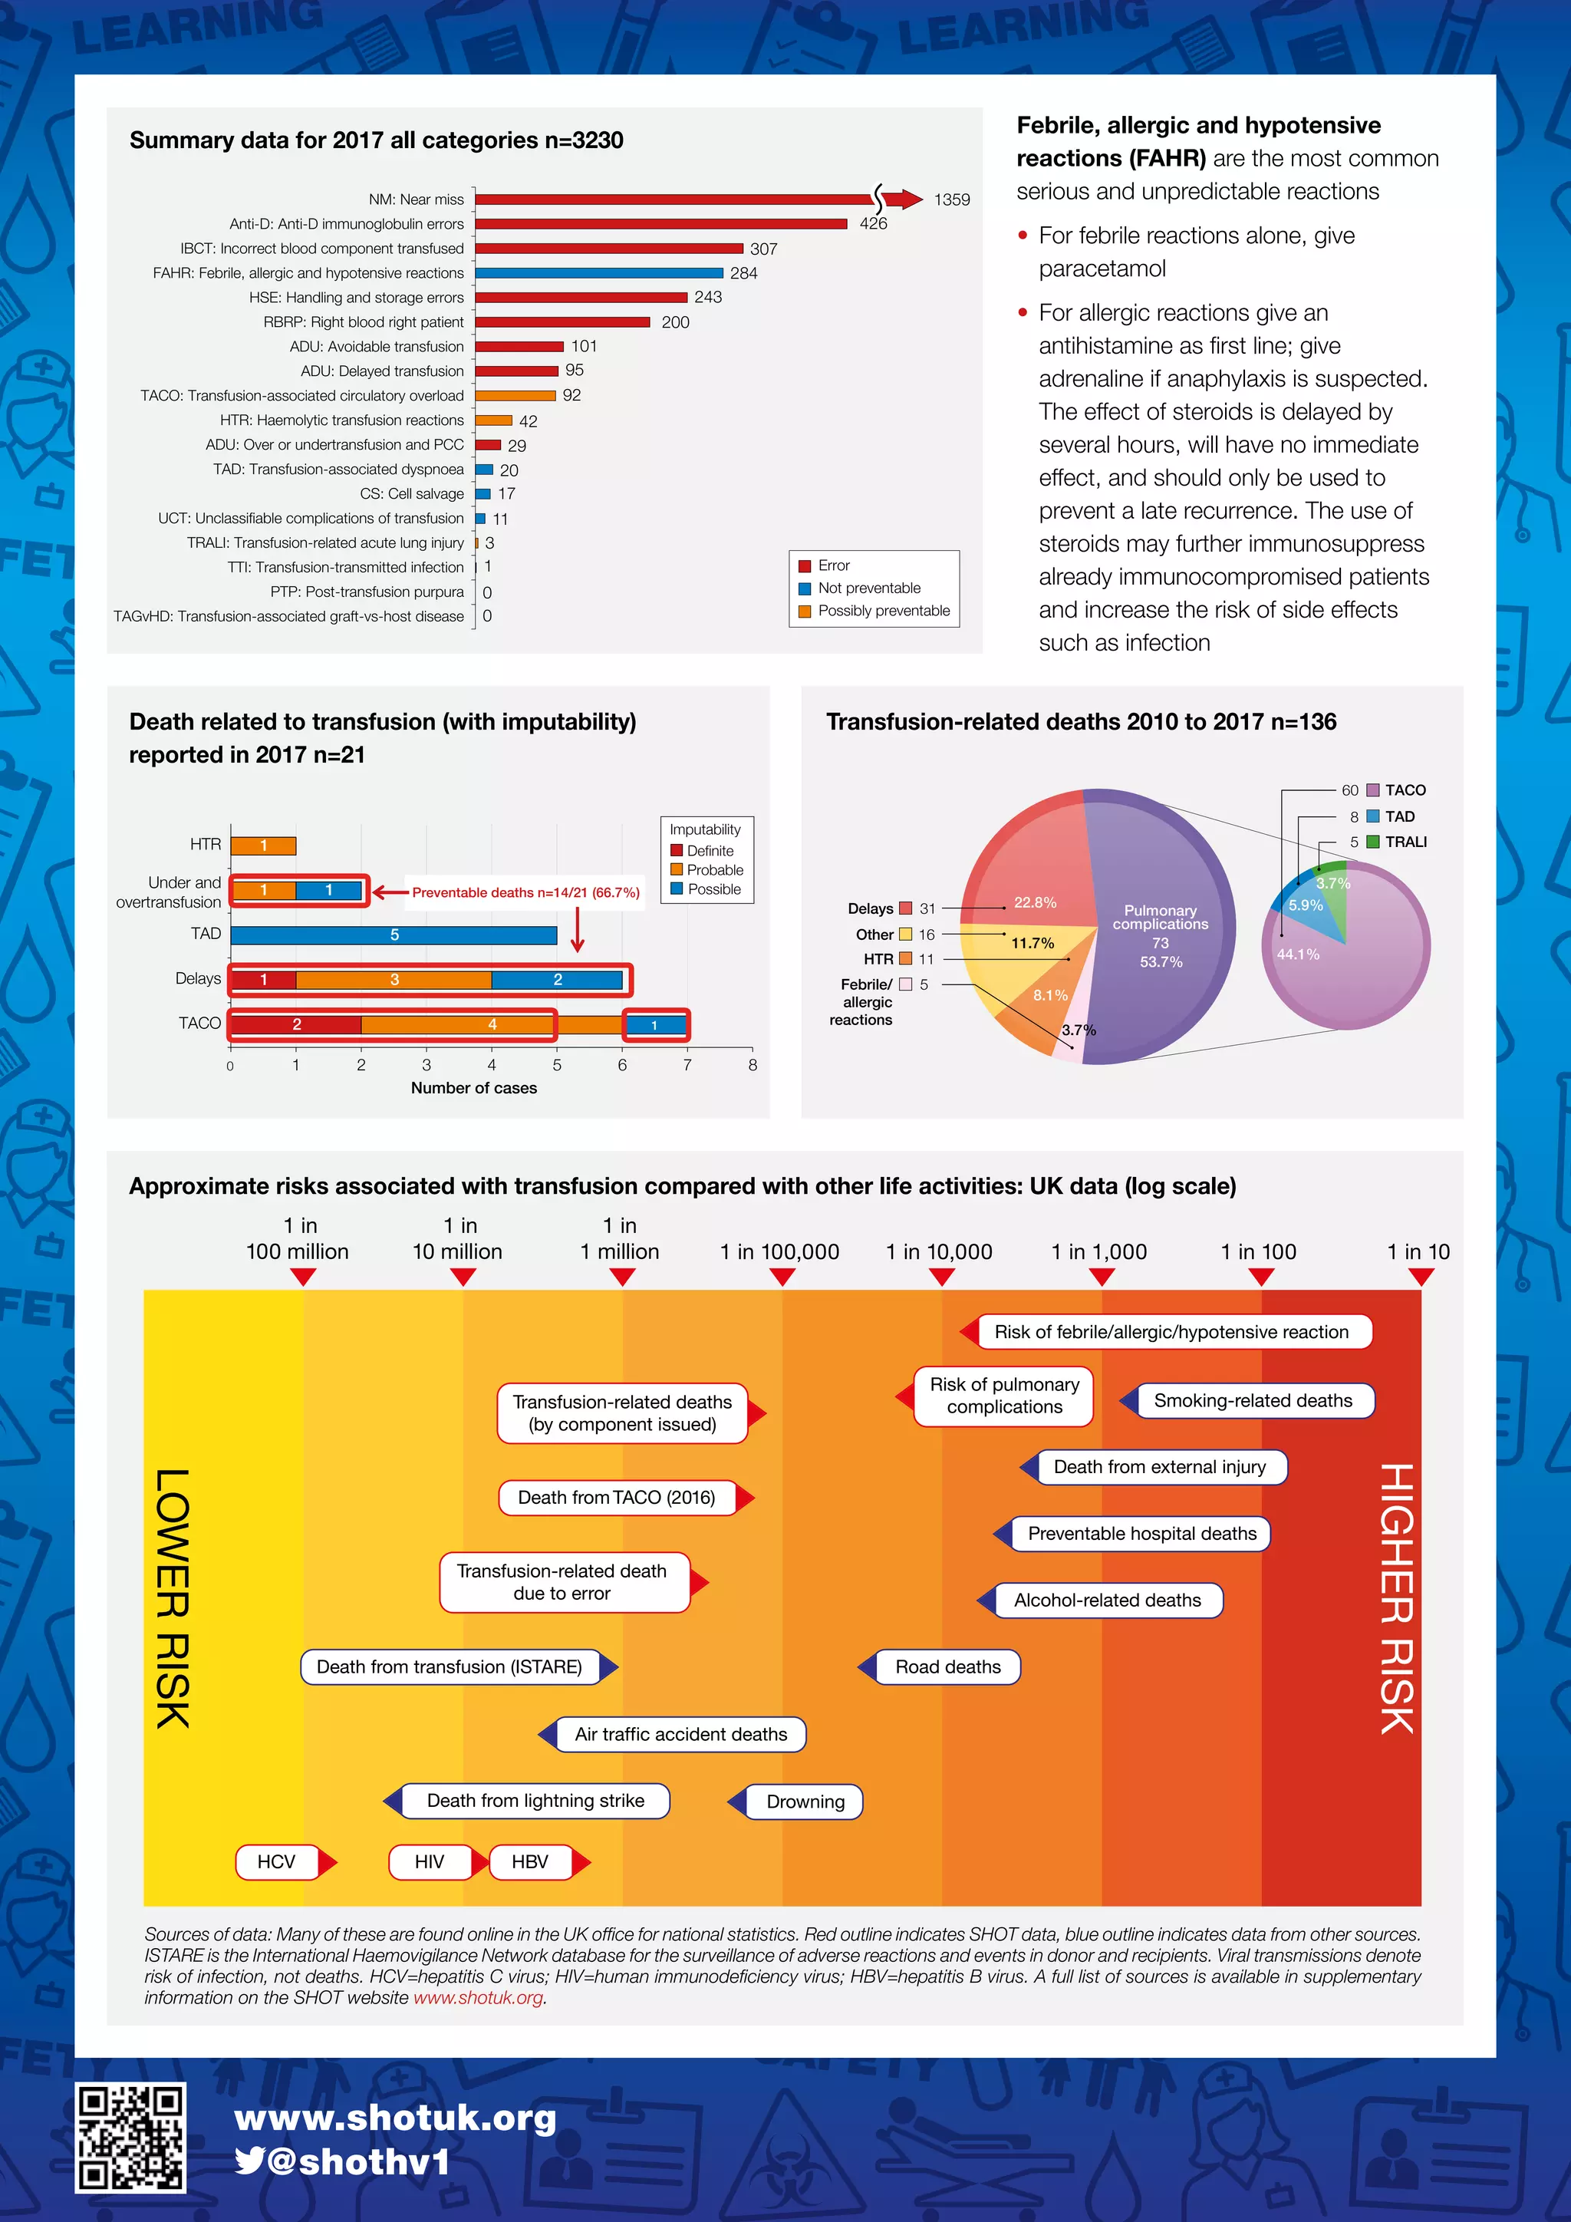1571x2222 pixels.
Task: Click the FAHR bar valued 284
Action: pyautogui.click(x=599, y=273)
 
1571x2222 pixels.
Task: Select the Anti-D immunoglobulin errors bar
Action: pyautogui.click(x=660, y=223)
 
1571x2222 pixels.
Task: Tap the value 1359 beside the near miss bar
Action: pyautogui.click(x=951, y=199)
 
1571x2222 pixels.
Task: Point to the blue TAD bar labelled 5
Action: pyautogui.click(x=394, y=935)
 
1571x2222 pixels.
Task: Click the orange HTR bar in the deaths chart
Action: pyautogui.click(x=263, y=845)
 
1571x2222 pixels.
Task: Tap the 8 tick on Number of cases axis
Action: pyautogui.click(x=753, y=1064)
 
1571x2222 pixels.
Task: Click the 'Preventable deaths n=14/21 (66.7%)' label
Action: pyautogui.click(x=525, y=892)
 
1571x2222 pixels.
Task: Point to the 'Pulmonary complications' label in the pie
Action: pyautogui.click(x=1160, y=918)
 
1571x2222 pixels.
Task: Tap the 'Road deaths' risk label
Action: pyautogui.click(x=947, y=1666)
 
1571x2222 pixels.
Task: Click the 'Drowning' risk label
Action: pyautogui.click(x=804, y=1801)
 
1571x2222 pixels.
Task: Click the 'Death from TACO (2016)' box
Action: pyautogui.click(x=616, y=1497)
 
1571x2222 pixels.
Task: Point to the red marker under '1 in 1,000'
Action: pyautogui.click(x=1101, y=1277)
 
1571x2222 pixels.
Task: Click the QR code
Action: pyautogui.click(x=130, y=2137)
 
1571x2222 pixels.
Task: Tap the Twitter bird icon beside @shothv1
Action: pyautogui.click(x=249, y=2161)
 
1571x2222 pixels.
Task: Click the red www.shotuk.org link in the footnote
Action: pyautogui.click(x=479, y=1997)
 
